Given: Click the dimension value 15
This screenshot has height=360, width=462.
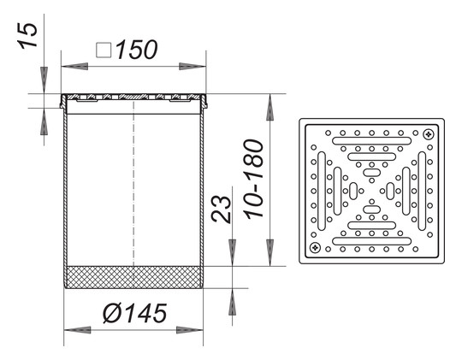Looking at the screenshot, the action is (28, 35).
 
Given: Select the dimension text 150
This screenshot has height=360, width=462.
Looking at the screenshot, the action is (136, 50).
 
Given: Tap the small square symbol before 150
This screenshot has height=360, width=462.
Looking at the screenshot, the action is (104, 50).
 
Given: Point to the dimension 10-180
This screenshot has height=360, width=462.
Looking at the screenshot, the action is (254, 179).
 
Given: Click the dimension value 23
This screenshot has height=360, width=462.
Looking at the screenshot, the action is (221, 210).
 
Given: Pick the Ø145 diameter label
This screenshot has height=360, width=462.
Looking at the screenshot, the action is (135, 313).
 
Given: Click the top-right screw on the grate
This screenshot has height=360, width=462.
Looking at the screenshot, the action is (429, 134).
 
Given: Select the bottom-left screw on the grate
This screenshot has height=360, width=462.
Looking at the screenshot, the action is (315, 247).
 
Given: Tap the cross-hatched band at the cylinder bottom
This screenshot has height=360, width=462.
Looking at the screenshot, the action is (133, 277).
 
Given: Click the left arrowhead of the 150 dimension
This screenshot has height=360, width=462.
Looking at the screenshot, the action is (74, 66).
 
